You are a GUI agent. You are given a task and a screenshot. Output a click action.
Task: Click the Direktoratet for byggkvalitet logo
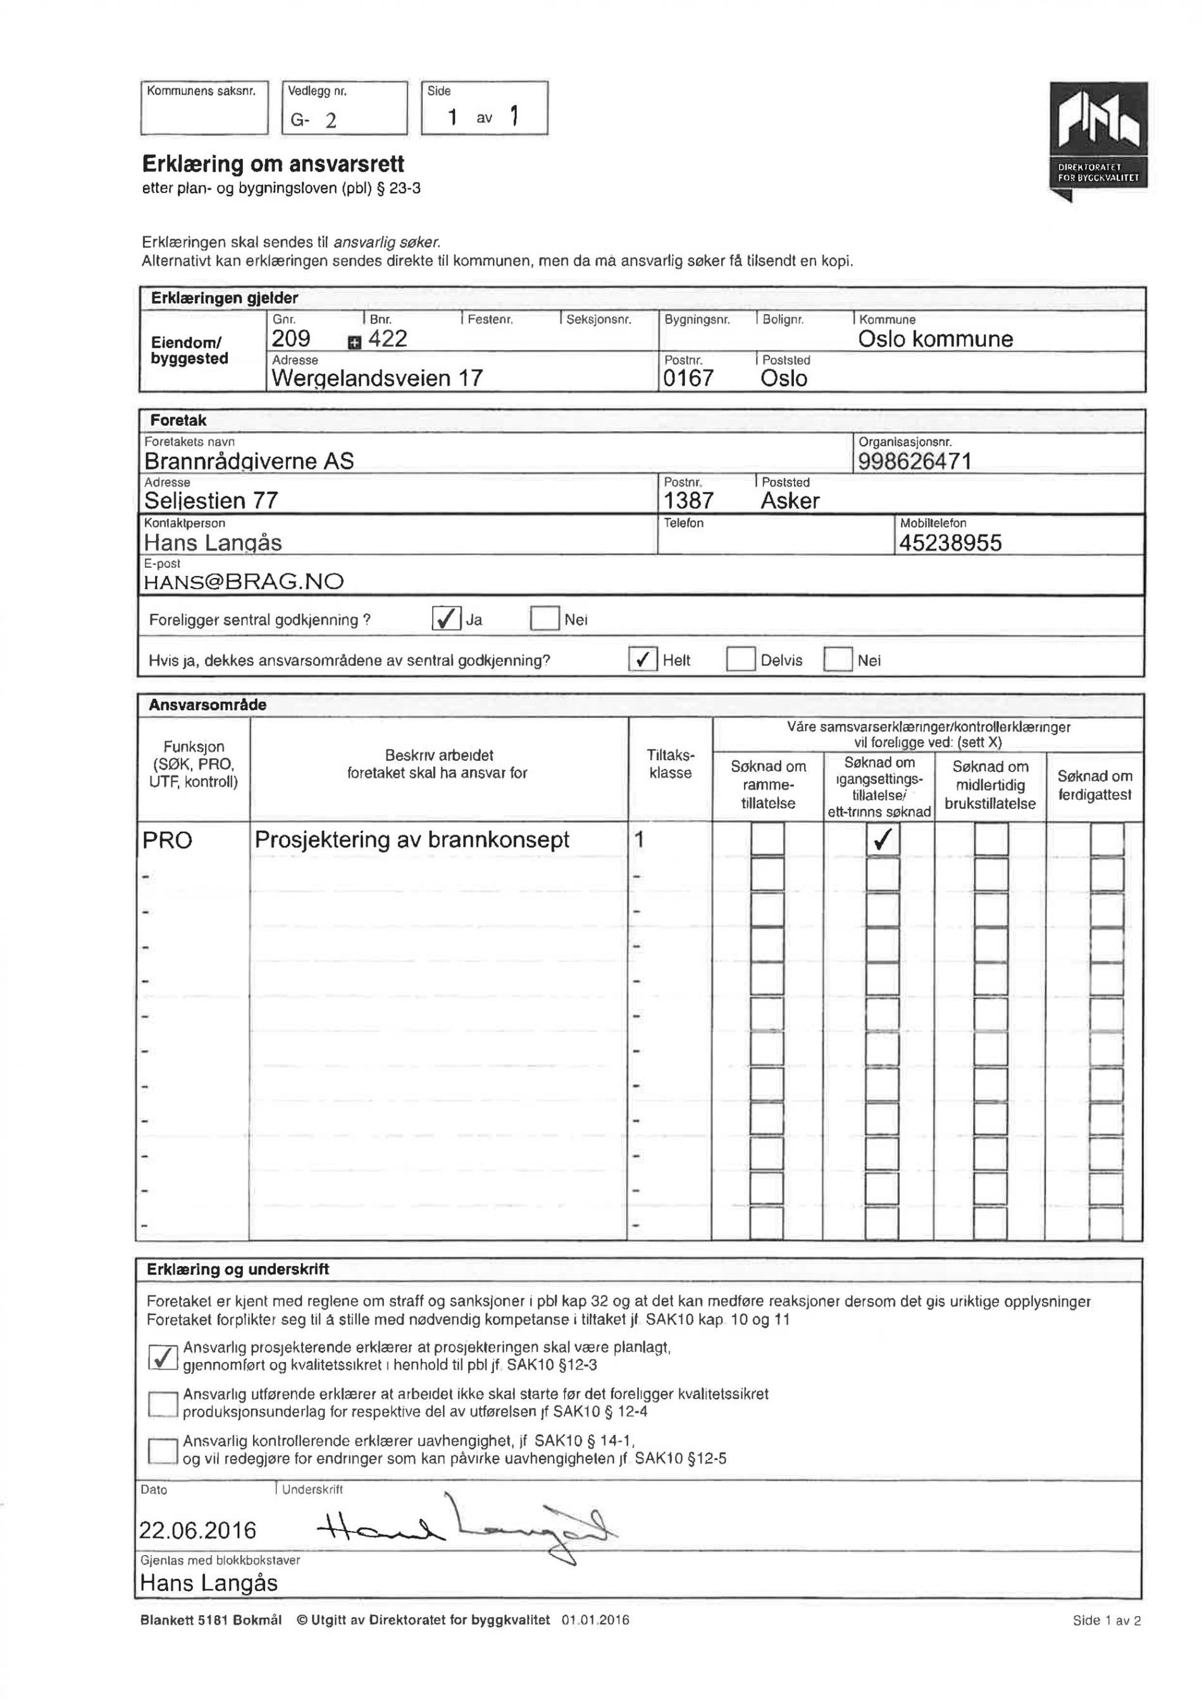[x=1098, y=137]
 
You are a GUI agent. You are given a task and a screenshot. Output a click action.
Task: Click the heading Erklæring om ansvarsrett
[x=273, y=164]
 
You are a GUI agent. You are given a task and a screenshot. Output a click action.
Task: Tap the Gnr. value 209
[x=291, y=339]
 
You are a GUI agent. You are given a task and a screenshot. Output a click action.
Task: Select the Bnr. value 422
[x=388, y=339]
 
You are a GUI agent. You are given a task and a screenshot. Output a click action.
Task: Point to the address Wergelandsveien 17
[x=377, y=378]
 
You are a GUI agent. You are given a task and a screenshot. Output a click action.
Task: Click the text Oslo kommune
[x=935, y=339]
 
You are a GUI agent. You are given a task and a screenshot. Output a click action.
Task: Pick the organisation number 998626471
[x=914, y=461]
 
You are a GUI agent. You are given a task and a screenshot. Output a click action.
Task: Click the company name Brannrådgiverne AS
[x=249, y=461]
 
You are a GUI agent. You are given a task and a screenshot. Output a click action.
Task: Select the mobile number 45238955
[x=950, y=543]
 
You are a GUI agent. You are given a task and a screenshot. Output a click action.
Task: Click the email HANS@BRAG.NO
[x=244, y=581]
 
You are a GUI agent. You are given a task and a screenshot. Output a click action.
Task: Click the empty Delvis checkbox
[x=740, y=659]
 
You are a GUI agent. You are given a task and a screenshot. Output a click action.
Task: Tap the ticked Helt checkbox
[x=643, y=659]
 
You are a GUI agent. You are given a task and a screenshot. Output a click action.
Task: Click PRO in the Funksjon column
[x=167, y=841]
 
